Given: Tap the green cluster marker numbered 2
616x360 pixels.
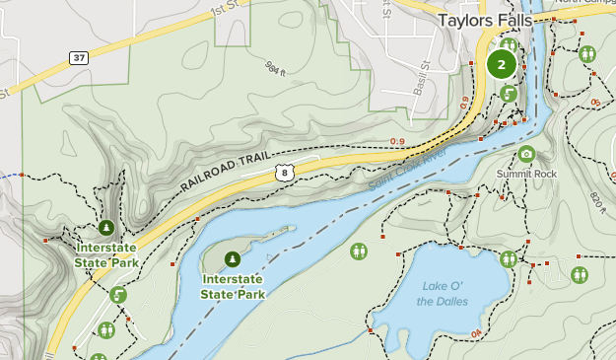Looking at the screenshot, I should coord(501,65).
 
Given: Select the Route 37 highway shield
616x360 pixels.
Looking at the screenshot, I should coord(80,58).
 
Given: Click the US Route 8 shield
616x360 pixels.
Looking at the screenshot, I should coord(284,173).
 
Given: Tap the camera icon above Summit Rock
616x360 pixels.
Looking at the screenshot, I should coord(526,154).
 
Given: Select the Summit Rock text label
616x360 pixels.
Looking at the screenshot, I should coord(526,174).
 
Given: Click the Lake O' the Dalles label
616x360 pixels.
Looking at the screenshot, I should coord(443,293).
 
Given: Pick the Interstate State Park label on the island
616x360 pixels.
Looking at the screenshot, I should coord(233,286).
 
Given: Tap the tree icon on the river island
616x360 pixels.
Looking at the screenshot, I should coord(232,259).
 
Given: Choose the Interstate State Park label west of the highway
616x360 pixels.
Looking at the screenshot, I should coord(106,255).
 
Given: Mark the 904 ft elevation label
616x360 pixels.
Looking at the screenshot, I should coord(275,69).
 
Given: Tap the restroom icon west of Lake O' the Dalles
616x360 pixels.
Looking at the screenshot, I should coord(358,252).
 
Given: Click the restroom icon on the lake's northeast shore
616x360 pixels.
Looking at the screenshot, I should coord(508,259).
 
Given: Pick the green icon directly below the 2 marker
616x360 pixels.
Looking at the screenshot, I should coord(508,94).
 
